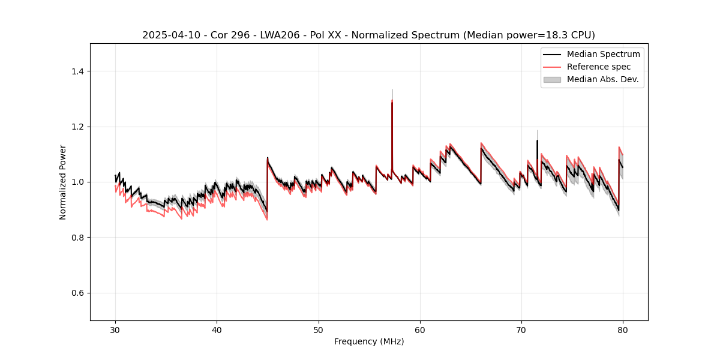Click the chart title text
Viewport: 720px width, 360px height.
[x=368, y=35]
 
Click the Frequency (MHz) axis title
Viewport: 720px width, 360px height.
[x=369, y=341]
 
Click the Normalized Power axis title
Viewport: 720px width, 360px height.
[x=62, y=182]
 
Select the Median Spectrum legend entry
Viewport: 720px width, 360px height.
[x=603, y=54]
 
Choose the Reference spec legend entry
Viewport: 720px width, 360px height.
[x=598, y=67]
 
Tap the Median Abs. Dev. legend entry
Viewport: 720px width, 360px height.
[x=602, y=79]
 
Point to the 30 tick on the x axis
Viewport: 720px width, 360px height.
[x=116, y=329]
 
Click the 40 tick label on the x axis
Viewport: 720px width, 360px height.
[x=217, y=329]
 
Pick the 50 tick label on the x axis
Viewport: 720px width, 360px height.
[x=319, y=329]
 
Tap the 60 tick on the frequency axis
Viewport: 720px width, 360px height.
[x=420, y=329]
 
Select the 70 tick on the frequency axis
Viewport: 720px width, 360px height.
[x=521, y=329]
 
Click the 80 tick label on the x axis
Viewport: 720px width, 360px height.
[x=623, y=329]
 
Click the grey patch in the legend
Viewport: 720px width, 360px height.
[x=552, y=79]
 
